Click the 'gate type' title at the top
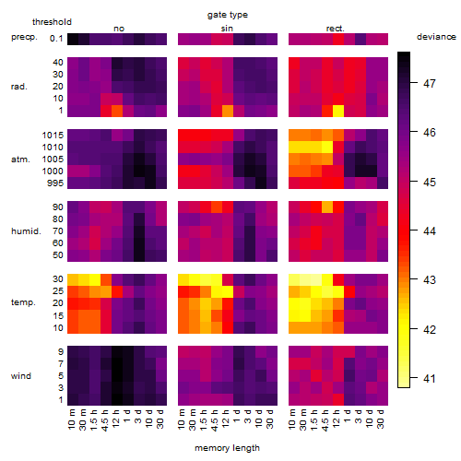[228, 15]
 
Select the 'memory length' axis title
[227, 448]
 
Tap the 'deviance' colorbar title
[436, 37]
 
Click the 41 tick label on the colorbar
[430, 378]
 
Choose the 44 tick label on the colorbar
[430, 230]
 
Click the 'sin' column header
[227, 29]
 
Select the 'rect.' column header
[336, 29]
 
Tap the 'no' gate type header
[119, 29]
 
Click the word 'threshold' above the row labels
[52, 22]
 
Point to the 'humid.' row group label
[26, 230]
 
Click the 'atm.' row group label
[20, 160]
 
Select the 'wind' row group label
[21, 376]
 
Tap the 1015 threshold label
[53, 136]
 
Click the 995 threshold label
[55, 183]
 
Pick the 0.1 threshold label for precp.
[56, 39]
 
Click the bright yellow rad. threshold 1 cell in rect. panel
[338, 111]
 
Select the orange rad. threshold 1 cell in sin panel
[228, 111]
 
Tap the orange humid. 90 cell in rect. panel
[327, 207]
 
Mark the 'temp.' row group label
[23, 302]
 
